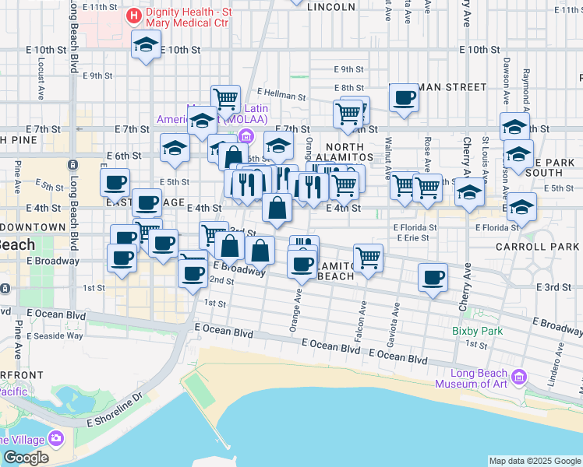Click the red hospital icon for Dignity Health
click(x=134, y=16)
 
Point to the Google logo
click(x=26, y=458)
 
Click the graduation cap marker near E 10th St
click(x=146, y=46)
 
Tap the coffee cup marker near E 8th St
click(x=404, y=98)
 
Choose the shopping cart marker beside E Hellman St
click(x=225, y=99)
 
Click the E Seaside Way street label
click(x=55, y=336)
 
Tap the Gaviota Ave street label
click(x=396, y=319)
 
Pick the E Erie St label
click(x=413, y=238)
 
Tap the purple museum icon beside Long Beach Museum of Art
click(x=520, y=378)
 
